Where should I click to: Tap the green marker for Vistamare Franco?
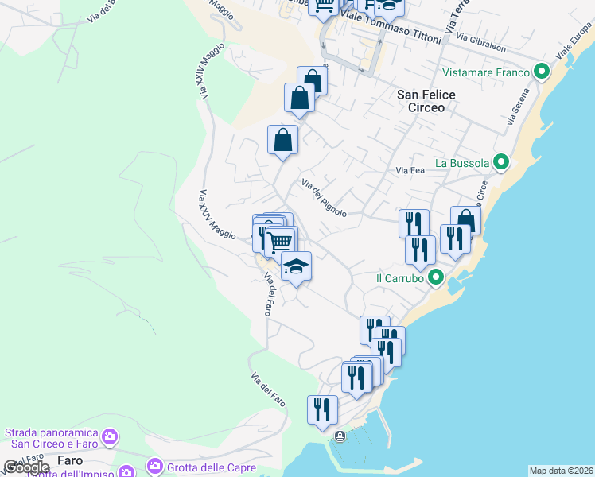point(542,72)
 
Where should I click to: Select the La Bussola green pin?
point(501,163)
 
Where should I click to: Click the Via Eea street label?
point(410,169)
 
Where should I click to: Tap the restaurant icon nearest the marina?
point(322,409)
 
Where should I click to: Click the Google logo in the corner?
point(26,467)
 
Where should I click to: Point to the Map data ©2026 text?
point(561,471)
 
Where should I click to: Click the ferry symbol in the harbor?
point(340,436)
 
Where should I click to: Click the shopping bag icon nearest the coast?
point(465,220)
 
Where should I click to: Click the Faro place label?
point(71,460)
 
